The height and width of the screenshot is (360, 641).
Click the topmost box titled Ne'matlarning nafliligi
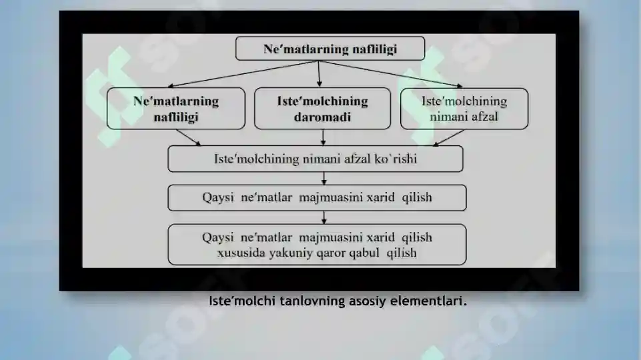pos(330,49)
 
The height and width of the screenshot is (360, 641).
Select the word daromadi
pos(322,117)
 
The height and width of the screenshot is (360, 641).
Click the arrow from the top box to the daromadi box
pos(319,74)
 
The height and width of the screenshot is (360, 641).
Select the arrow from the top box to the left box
pos(243,74)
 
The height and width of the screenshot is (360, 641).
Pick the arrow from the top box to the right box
pos(390,74)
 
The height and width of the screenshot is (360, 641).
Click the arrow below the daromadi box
pos(323,137)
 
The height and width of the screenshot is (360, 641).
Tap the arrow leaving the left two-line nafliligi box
pos(189,137)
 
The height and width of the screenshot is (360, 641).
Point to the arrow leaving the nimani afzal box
pos(448,138)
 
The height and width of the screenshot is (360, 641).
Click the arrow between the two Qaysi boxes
pos(324,217)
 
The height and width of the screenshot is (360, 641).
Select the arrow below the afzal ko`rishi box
pos(324,178)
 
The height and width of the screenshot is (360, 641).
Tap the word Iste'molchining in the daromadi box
pos(322,101)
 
